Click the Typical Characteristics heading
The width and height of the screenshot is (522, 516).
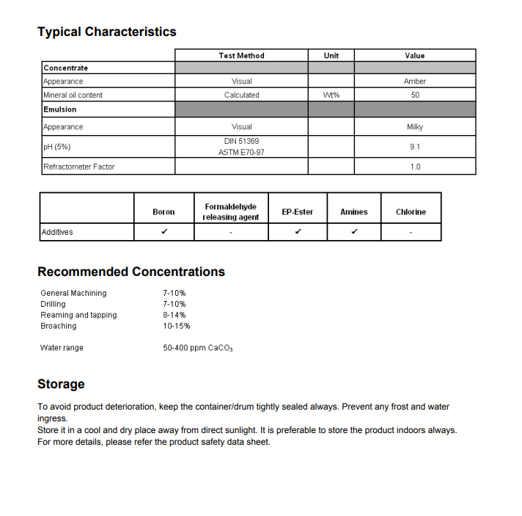pyautogui.click(x=107, y=32)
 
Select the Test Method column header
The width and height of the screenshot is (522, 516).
pyautogui.click(x=241, y=56)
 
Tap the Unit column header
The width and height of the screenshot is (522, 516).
pyautogui.click(x=331, y=56)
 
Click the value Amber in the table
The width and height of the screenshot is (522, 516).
pyautogui.click(x=415, y=81)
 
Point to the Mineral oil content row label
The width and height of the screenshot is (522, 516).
pyautogui.click(x=73, y=95)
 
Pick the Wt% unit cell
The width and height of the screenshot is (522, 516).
pyautogui.click(x=331, y=95)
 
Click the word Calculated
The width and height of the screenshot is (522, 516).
pyautogui.click(x=241, y=95)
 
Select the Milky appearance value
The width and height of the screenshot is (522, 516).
pyautogui.click(x=415, y=127)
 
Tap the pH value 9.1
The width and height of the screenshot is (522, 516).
pyautogui.click(x=415, y=147)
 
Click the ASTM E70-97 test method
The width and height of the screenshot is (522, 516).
pyautogui.click(x=241, y=153)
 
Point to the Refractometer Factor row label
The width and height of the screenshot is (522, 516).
pyautogui.click(x=79, y=167)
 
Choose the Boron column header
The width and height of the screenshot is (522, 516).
pyautogui.click(x=163, y=212)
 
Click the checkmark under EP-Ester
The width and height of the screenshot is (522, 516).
pyautogui.click(x=298, y=232)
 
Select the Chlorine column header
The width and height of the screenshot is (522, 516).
pyautogui.click(x=411, y=212)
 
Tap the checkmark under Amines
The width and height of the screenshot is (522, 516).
pyautogui.click(x=354, y=232)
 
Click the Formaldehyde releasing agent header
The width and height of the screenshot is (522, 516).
pyautogui.click(x=231, y=212)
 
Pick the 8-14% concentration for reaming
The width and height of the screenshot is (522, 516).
pyautogui.click(x=174, y=315)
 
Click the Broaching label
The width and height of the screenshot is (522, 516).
pyautogui.click(x=59, y=326)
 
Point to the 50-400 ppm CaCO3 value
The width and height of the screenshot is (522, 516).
pyautogui.click(x=197, y=348)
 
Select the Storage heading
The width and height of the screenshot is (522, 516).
pyautogui.click(x=61, y=384)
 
